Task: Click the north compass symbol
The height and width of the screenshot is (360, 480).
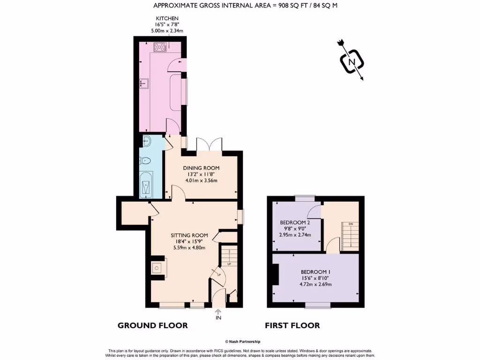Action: (x=350, y=61)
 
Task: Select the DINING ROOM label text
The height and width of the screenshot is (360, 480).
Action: (x=201, y=168)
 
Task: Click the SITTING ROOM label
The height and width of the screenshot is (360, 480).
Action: (x=189, y=235)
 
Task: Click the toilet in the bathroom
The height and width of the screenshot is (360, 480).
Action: (x=146, y=161)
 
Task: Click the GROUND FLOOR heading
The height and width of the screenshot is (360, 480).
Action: (x=152, y=325)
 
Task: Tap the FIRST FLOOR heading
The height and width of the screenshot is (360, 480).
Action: (x=292, y=325)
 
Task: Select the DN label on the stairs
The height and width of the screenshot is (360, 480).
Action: (x=350, y=224)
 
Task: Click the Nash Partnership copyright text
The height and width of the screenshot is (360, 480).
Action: (x=242, y=342)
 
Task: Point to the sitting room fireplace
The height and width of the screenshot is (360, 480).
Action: (x=156, y=268)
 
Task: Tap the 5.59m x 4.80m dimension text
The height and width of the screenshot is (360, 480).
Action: (x=188, y=248)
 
